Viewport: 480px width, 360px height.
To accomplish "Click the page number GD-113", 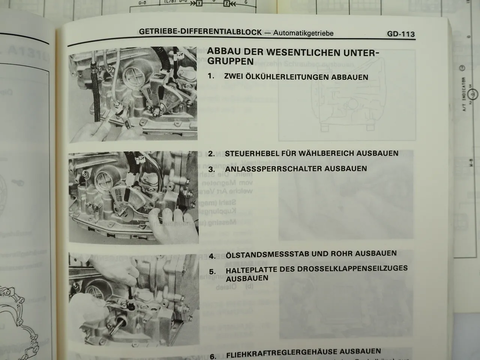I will (x=401, y=34).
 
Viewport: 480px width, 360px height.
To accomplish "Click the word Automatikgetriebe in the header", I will (x=303, y=33).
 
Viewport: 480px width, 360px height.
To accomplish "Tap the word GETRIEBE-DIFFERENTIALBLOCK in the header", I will (x=200, y=32).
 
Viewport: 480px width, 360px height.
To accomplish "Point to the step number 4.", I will (x=213, y=256).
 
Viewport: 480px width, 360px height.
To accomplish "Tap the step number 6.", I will (x=213, y=356).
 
